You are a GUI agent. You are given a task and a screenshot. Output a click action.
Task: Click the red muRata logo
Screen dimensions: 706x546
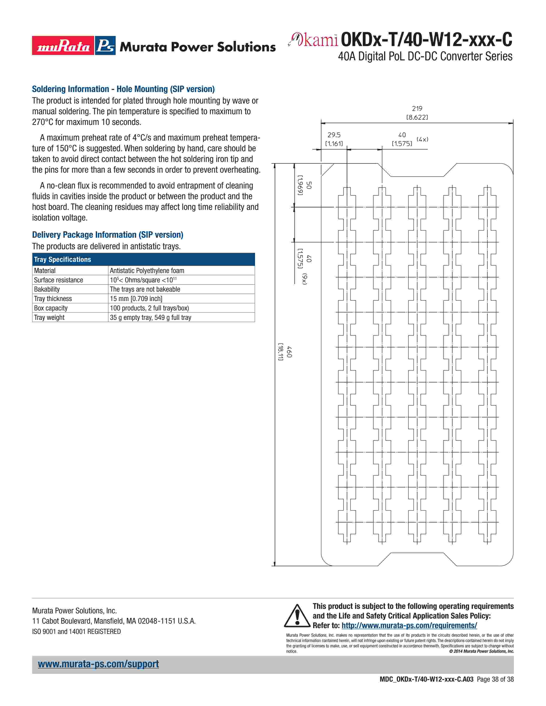63,46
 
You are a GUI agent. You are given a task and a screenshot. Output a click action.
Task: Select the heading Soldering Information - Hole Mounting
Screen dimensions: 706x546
123,89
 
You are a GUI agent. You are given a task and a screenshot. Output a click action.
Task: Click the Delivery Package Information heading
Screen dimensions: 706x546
107,235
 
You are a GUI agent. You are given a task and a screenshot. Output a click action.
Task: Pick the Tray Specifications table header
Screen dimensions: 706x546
63,260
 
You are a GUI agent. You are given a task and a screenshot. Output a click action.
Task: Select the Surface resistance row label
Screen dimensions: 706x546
58,280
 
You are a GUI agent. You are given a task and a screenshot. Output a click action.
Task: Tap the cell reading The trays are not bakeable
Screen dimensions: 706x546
145,289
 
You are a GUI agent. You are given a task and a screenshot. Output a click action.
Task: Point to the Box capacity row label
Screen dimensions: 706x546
51,308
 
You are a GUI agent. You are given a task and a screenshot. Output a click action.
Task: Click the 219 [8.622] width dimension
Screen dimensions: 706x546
417,113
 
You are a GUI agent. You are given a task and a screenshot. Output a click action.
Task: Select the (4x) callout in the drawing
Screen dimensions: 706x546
422,139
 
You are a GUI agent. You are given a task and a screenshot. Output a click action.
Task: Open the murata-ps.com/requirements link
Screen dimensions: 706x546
409,626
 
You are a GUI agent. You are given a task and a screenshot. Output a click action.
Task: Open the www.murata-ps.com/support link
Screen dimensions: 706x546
98,664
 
